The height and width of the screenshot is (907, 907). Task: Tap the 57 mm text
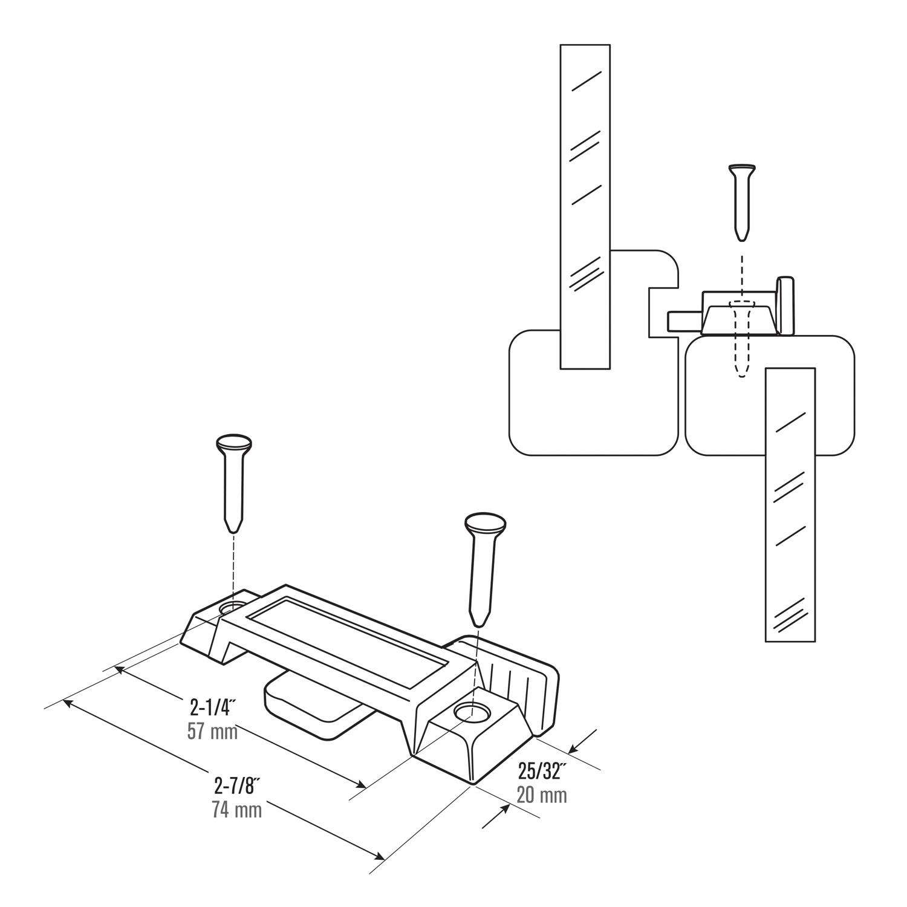tap(212, 731)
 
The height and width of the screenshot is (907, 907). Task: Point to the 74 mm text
tap(236, 810)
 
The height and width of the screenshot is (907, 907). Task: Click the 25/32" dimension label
tap(542, 771)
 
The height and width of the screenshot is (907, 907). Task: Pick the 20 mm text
tap(542, 795)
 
